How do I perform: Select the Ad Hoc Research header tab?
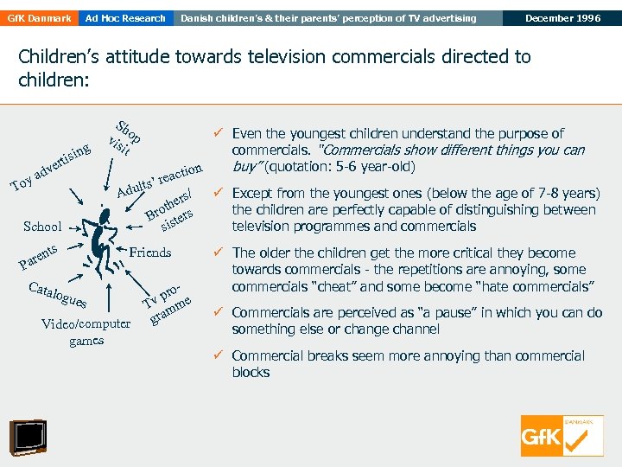tap(125, 18)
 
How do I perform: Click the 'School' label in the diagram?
tap(42, 227)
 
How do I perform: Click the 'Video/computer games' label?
tap(86, 332)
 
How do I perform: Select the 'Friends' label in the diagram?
tap(149, 253)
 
